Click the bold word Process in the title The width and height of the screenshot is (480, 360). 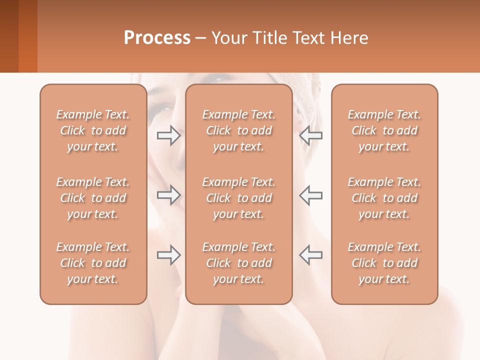(x=157, y=38)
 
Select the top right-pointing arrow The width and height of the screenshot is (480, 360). (x=168, y=135)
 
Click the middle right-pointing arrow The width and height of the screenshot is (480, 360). (x=168, y=195)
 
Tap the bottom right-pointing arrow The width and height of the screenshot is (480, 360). (x=168, y=255)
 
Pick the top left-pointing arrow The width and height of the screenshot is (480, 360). (x=310, y=135)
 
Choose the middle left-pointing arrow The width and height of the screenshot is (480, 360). (x=310, y=195)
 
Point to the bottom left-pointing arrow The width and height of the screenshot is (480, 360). (x=310, y=255)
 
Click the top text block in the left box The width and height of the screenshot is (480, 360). (x=93, y=130)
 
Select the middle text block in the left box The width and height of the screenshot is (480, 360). (x=93, y=198)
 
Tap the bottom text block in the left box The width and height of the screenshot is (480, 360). (x=93, y=263)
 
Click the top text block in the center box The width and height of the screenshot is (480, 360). (x=239, y=130)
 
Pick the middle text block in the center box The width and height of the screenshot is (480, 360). (x=239, y=198)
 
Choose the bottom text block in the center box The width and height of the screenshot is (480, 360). (x=239, y=263)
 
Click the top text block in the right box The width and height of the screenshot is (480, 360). (x=384, y=130)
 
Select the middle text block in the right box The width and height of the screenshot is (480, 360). (x=384, y=198)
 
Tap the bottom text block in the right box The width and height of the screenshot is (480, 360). (x=384, y=263)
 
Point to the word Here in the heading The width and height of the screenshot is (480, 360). (x=348, y=38)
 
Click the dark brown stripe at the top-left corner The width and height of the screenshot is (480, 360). (x=9, y=36)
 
